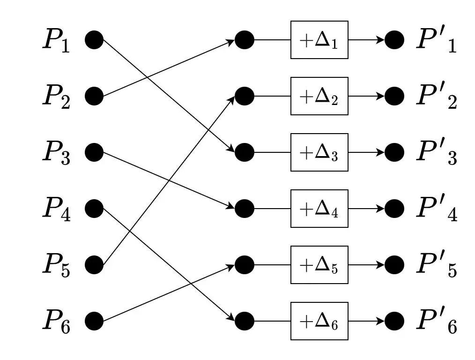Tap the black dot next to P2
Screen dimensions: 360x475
(94, 96)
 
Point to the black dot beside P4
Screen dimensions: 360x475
(94, 209)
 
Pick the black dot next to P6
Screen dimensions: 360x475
(94, 321)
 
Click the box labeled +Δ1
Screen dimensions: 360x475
(319, 40)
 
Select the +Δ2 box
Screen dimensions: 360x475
(319, 96)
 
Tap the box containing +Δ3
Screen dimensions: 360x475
(319, 152)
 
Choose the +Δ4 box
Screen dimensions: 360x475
(319, 209)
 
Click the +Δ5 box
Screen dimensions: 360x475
(319, 265)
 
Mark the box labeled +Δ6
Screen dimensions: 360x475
(319, 321)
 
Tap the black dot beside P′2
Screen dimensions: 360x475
(394, 96)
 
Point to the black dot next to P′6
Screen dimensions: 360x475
(394, 321)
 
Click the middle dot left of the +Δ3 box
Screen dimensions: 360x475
(244, 152)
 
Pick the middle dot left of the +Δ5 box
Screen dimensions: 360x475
(244, 265)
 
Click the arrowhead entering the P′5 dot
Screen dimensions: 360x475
(380, 265)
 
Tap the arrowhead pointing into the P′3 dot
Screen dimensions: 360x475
(380, 152)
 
